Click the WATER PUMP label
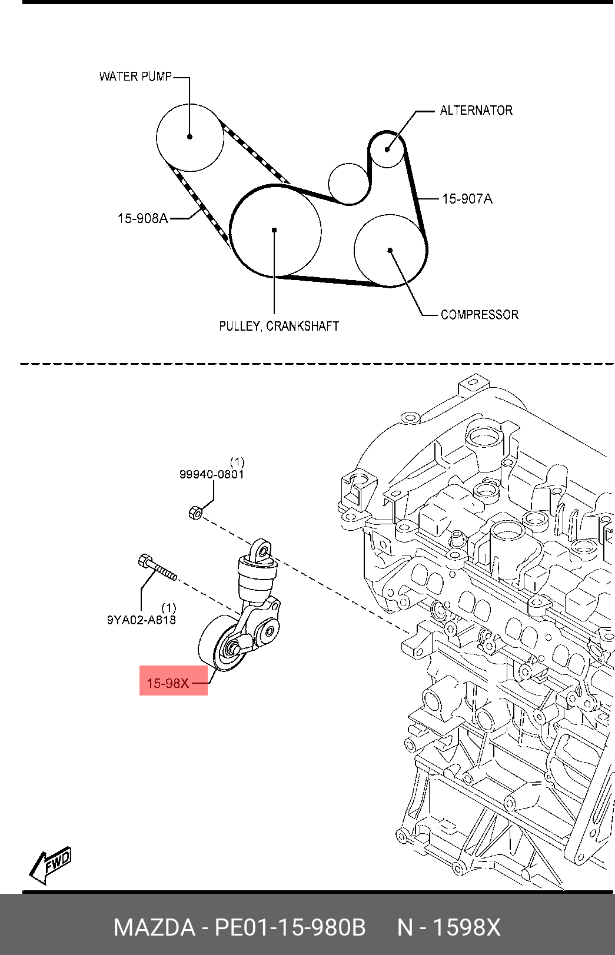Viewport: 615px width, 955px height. coord(135,76)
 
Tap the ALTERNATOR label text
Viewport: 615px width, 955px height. coord(476,111)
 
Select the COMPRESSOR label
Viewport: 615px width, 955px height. coord(480,315)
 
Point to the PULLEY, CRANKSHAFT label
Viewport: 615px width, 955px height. coord(279,326)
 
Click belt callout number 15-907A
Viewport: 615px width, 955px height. coord(467,199)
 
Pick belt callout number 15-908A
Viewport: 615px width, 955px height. coord(142,218)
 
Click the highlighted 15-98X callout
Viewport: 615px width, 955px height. coord(168,683)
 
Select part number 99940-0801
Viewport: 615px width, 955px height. coord(211,474)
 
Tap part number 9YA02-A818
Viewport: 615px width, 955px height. coord(141,620)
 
